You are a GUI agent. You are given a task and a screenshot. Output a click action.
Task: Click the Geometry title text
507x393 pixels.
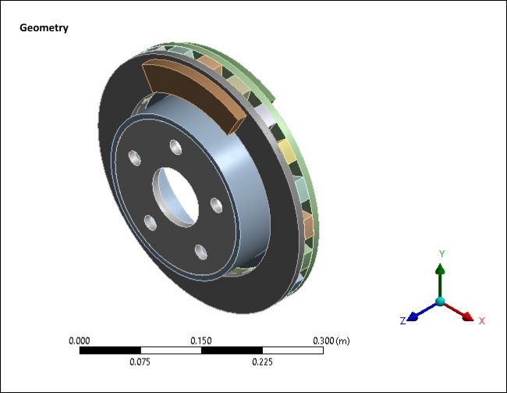44,28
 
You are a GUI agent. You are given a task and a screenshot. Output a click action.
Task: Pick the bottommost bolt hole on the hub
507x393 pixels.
200,251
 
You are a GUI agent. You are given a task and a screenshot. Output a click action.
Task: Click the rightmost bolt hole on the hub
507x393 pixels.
216,205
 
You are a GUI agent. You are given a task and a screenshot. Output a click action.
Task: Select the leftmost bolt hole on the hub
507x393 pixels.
150,223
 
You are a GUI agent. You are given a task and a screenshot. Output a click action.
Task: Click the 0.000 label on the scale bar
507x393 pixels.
80,341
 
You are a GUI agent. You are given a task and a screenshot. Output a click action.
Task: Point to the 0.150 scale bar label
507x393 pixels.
201,341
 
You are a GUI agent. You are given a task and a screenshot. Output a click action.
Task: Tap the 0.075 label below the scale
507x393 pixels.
140,362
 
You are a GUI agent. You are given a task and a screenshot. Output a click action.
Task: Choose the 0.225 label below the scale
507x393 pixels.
262,362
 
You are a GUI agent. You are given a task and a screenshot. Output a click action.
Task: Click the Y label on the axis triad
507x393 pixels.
441,254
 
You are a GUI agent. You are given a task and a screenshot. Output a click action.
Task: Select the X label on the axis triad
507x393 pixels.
481,321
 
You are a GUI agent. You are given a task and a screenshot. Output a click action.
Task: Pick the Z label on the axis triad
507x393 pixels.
402,321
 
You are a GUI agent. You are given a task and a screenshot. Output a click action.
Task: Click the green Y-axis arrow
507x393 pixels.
440,277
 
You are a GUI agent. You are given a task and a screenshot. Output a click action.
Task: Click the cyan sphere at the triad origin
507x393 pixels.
440,302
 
